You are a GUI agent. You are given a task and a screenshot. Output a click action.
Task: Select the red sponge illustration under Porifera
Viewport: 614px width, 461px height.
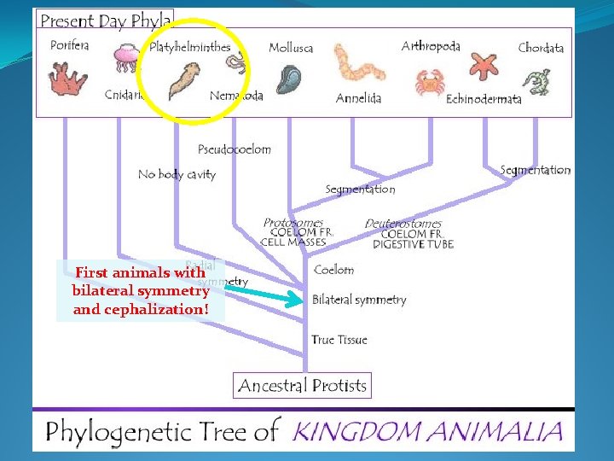tap(68, 79)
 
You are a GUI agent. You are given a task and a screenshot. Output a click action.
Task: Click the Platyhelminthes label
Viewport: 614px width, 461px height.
tap(190, 47)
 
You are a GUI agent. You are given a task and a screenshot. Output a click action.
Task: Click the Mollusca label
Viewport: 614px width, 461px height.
tap(291, 48)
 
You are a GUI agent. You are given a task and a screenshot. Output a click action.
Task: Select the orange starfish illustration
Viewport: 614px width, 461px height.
tap(486, 66)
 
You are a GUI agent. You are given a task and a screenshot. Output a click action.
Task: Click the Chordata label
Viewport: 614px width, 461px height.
tap(541, 48)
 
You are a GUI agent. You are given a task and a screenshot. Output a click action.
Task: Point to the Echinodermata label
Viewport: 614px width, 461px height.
tap(484, 99)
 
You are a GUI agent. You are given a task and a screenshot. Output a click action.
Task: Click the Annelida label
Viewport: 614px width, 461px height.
tap(358, 98)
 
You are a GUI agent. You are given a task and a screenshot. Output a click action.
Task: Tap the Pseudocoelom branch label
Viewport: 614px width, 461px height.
tap(235, 149)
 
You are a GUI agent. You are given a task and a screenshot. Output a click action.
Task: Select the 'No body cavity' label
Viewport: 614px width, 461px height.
tap(177, 174)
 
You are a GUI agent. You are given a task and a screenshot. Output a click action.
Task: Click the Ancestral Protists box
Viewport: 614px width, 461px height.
tap(302, 386)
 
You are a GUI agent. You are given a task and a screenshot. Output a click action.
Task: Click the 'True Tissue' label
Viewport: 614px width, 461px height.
tap(339, 340)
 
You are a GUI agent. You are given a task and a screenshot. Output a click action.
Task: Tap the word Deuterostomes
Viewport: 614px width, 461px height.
tap(403, 224)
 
